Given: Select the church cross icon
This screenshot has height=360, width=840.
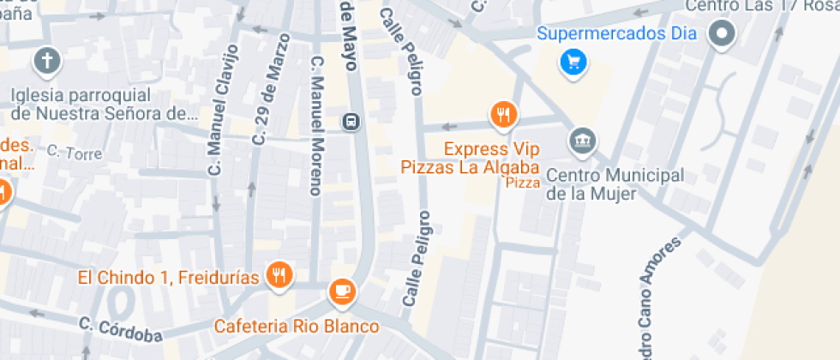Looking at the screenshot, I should point(45,61).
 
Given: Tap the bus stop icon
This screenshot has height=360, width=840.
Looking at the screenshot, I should point(351,121).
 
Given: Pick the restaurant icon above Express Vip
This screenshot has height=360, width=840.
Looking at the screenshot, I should point(503,112).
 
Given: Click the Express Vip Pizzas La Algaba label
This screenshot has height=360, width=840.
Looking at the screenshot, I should point(470,159).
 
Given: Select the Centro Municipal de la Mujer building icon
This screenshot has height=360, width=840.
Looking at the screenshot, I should point(583,141).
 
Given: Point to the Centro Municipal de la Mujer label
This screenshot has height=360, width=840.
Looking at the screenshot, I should point(615,184).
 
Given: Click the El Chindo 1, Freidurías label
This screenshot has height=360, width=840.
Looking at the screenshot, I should point(168,276).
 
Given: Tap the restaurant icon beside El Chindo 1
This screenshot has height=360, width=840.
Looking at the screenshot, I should point(279,275).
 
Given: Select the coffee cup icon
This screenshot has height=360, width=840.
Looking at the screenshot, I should point(343,291).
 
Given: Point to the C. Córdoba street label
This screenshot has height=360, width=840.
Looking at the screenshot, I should point(120,329).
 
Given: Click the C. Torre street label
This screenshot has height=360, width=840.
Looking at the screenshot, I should point(75,153).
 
